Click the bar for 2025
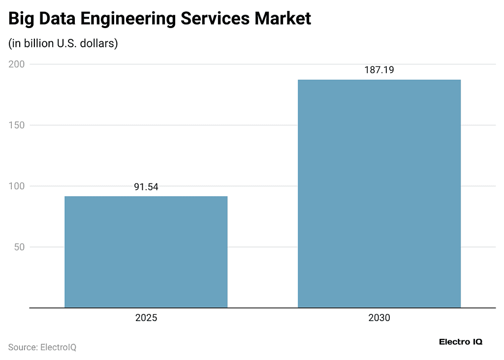146,252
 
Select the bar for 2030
379,194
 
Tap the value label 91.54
146,187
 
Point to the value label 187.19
379,70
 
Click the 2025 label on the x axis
146,318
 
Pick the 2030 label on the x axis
379,318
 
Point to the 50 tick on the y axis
19,247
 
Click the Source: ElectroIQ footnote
42,347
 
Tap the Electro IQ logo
460,342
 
